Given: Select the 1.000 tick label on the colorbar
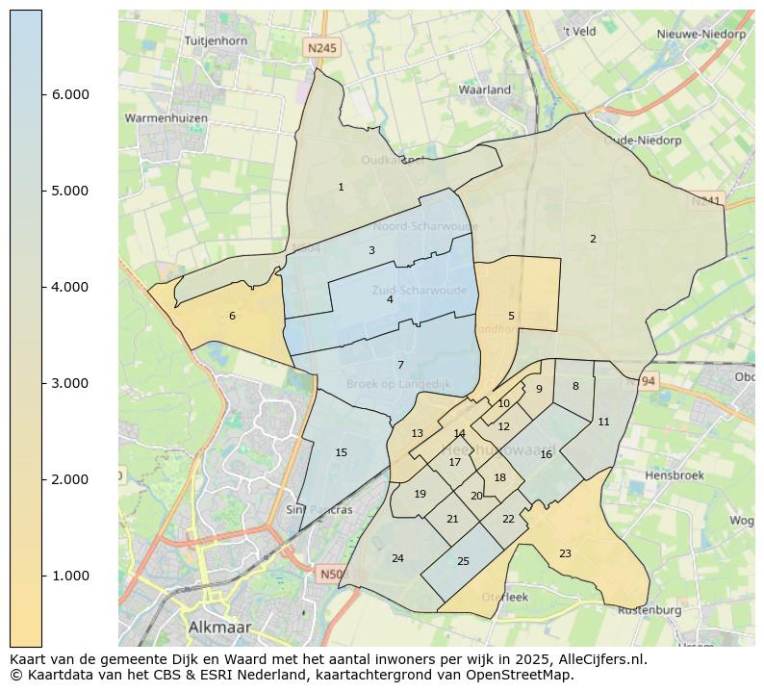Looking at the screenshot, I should (x=69, y=576).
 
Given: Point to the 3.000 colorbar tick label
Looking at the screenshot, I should (x=69, y=383).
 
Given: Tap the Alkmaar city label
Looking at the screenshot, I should (x=219, y=627).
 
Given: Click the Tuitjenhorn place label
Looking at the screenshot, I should (x=216, y=41).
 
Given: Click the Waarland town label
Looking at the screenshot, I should (x=485, y=90).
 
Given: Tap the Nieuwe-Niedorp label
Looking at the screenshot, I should (x=700, y=34).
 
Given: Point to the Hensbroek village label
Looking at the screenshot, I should (x=675, y=475).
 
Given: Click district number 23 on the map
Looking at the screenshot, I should (x=565, y=553).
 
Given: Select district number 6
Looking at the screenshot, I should (x=232, y=316).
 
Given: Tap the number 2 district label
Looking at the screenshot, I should (x=593, y=239).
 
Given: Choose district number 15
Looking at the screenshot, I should (x=341, y=452).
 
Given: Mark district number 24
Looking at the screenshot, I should (x=397, y=558).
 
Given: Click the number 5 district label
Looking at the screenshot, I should (x=511, y=316).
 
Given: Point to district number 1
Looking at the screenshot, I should (x=341, y=187).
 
